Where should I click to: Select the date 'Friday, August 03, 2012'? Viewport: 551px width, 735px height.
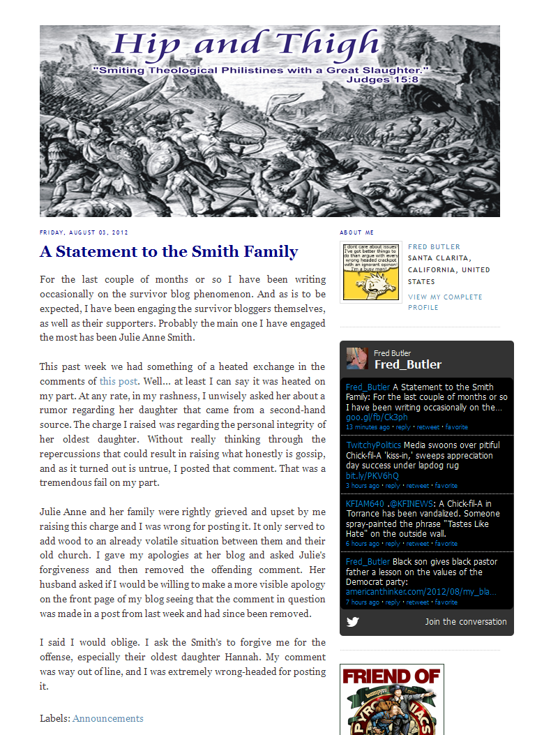(84, 232)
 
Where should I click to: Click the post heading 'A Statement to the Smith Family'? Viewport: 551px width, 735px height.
(169, 252)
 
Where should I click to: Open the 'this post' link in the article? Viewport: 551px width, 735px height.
(119, 381)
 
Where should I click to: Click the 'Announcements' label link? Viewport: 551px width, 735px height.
(108, 718)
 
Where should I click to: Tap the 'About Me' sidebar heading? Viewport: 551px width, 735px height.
(357, 232)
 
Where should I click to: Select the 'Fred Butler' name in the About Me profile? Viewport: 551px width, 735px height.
(434, 247)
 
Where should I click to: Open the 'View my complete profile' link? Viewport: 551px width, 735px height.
(445, 302)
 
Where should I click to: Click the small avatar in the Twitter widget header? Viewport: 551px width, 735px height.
(357, 358)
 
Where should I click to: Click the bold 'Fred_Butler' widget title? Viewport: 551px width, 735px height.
(408, 364)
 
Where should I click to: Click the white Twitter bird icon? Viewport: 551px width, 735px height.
(353, 621)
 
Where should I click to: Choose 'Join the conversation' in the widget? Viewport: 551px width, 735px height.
(466, 621)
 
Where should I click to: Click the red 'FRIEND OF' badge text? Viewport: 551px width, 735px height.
(391, 676)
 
